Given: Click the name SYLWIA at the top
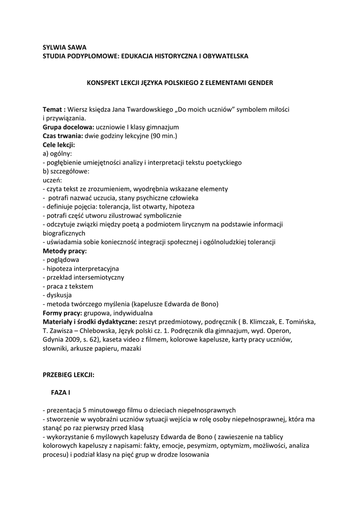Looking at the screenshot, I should pyautogui.click(x=54, y=48).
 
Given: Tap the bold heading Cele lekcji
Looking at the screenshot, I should pyautogui.click(x=59, y=145).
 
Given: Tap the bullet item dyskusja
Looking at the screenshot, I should pyautogui.click(x=59, y=295).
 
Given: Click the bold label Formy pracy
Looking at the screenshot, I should pyautogui.click(x=63, y=313).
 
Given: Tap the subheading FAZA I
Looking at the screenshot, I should pyautogui.click(x=60, y=393).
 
